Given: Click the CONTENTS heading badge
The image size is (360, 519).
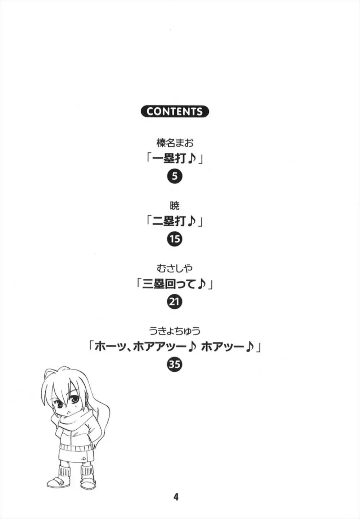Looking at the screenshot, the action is (x=175, y=111).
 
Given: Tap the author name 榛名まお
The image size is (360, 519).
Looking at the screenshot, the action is (x=175, y=143).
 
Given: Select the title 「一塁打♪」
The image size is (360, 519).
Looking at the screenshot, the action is (x=175, y=160).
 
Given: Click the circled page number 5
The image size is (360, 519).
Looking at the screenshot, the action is (x=175, y=176).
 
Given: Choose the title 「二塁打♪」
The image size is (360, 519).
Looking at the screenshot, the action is (x=175, y=222).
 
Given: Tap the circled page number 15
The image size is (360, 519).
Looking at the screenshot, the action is (x=175, y=239).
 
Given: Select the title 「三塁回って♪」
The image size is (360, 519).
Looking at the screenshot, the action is (x=175, y=285).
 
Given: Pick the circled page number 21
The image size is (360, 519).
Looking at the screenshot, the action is (x=175, y=302).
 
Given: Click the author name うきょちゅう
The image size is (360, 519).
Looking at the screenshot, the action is (x=175, y=331).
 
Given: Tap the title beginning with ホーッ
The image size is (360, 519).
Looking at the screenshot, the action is (x=175, y=348).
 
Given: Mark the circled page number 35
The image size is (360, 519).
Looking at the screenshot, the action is (x=175, y=365).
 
